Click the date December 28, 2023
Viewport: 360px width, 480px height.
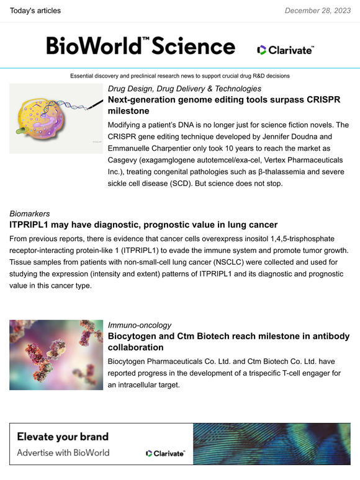coord(318,11)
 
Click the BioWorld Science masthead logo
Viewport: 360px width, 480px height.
coord(140,46)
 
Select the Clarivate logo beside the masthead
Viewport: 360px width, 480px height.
coord(286,50)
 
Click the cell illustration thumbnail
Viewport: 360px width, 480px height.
coord(56,118)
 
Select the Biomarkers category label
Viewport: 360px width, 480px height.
coord(29,214)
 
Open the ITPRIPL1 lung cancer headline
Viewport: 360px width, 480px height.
coord(143,225)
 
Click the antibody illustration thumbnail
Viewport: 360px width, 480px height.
coord(56,355)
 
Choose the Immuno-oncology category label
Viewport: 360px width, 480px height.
coord(140,325)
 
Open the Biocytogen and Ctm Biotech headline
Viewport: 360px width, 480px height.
coord(228,342)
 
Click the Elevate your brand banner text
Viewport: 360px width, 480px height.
coord(63,436)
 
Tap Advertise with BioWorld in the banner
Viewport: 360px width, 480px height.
coord(63,452)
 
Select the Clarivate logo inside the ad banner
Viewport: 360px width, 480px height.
coord(165,453)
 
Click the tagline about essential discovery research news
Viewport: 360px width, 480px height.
coord(180,76)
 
